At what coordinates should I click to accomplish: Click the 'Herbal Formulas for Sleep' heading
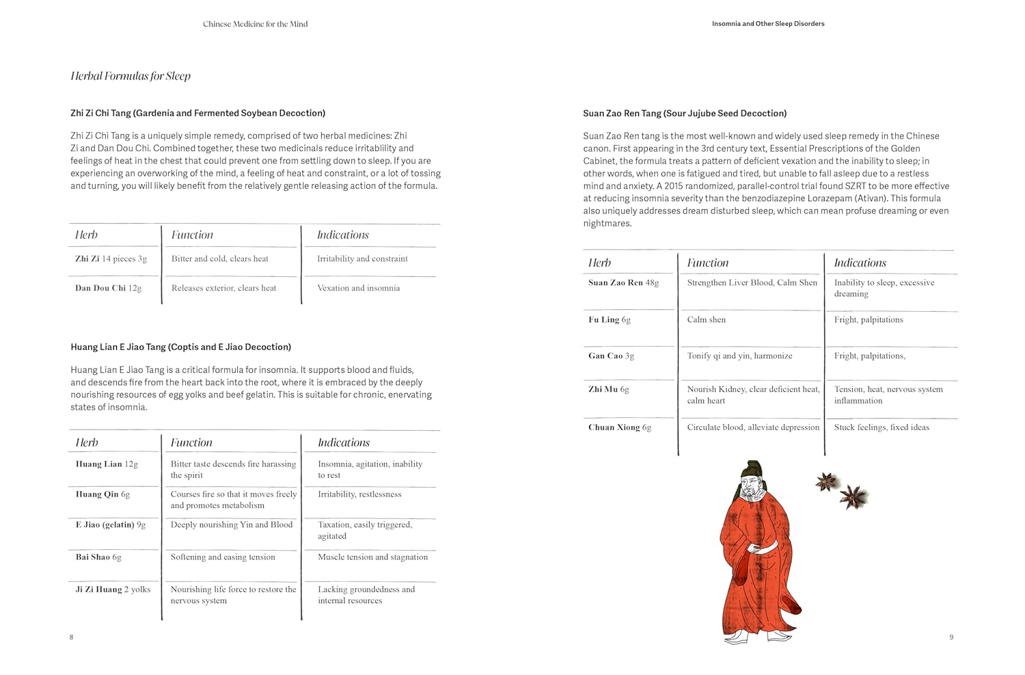[131, 76]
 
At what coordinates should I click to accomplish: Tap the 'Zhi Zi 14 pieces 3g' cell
[111, 259]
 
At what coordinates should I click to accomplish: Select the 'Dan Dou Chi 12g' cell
[108, 289]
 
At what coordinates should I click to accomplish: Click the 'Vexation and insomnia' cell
[358, 289]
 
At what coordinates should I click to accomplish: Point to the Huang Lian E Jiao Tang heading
[180, 347]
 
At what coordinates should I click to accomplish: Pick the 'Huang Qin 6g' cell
[102, 494]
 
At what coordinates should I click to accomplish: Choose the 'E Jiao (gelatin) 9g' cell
[110, 525]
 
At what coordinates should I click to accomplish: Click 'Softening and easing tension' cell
[223, 557]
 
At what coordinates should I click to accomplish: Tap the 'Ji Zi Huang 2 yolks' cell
[113, 590]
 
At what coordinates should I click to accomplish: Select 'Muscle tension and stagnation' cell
[372, 557]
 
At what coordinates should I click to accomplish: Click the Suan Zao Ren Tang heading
[685, 114]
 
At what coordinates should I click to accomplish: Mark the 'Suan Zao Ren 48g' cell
[623, 283]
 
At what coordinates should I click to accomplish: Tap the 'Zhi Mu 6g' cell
[608, 390]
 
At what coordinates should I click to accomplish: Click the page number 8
[71, 637]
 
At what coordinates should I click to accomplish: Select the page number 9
[951, 637]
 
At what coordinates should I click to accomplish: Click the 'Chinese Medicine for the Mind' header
[255, 24]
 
